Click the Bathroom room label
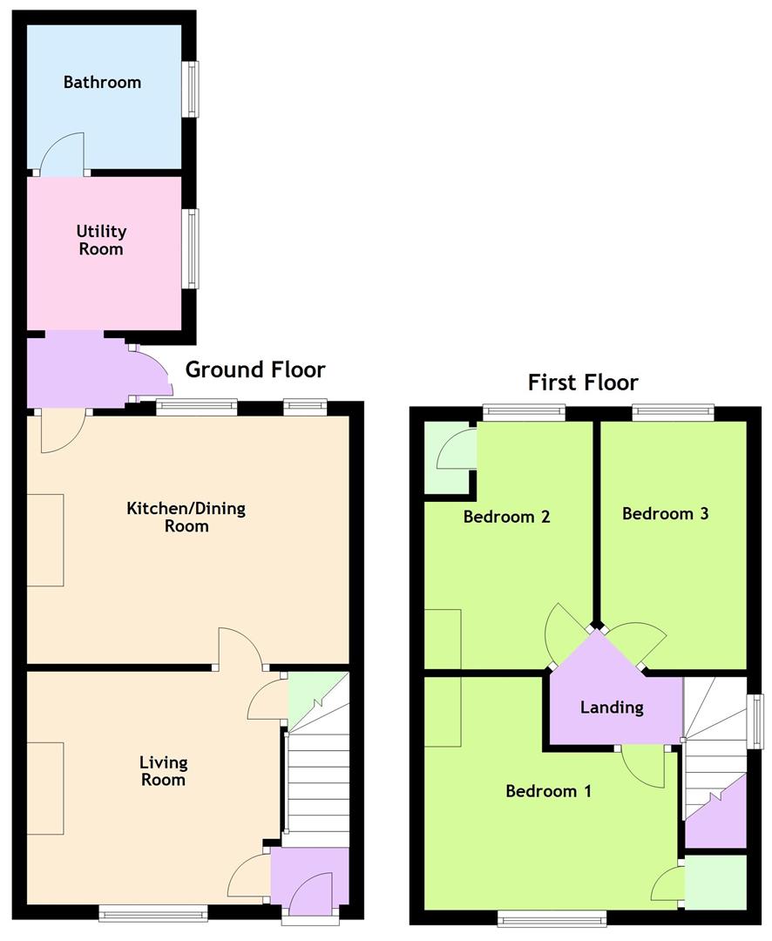[102, 83]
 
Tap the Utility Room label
[101, 240]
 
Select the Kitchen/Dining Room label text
[186, 517]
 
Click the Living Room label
[164, 771]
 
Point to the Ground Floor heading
[255, 369]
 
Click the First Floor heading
[583, 382]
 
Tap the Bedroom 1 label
[548, 791]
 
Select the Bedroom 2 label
[506, 517]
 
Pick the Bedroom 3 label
[665, 513]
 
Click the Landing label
[612, 707]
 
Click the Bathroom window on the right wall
[189, 89]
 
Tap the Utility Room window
[189, 249]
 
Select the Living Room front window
[153, 913]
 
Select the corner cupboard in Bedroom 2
[448, 458]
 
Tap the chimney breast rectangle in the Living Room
[45, 788]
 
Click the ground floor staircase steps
[317, 780]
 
